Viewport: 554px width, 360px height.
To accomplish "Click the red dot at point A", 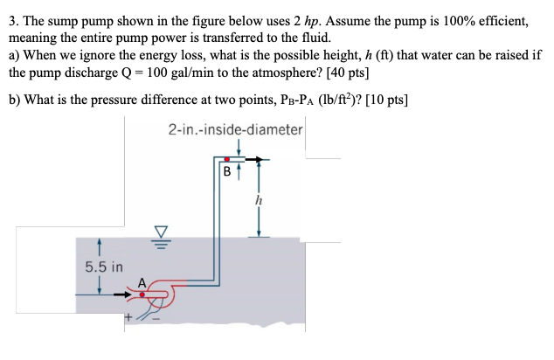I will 142,294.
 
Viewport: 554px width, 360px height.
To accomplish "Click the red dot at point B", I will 228,159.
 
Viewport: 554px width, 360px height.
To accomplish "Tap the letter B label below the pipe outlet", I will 227,172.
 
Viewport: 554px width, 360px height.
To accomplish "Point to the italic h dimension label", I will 258,199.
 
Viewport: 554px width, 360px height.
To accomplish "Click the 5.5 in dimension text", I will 103,266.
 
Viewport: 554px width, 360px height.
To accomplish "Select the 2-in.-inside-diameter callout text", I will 235,129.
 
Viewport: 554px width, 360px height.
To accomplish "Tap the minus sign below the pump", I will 157,318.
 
